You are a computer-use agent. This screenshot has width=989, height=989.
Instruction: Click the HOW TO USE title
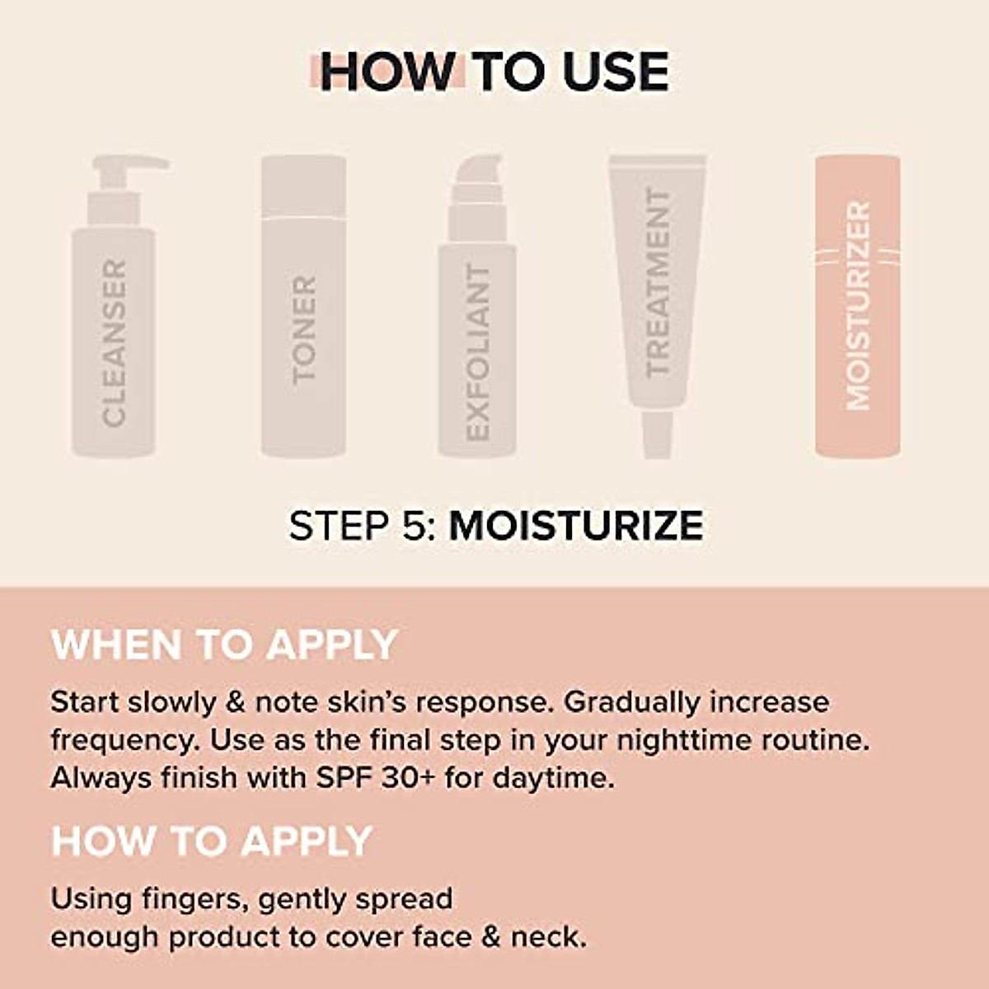point(494,72)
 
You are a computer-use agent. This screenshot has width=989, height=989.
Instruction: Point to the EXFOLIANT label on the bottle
point(478,353)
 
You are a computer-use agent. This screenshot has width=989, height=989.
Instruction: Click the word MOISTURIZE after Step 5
point(576,526)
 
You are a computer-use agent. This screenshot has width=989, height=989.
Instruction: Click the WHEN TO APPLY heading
point(224,644)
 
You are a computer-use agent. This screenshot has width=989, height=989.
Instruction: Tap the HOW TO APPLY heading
point(212,841)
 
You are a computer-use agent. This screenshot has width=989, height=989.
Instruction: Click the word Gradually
point(632,702)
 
